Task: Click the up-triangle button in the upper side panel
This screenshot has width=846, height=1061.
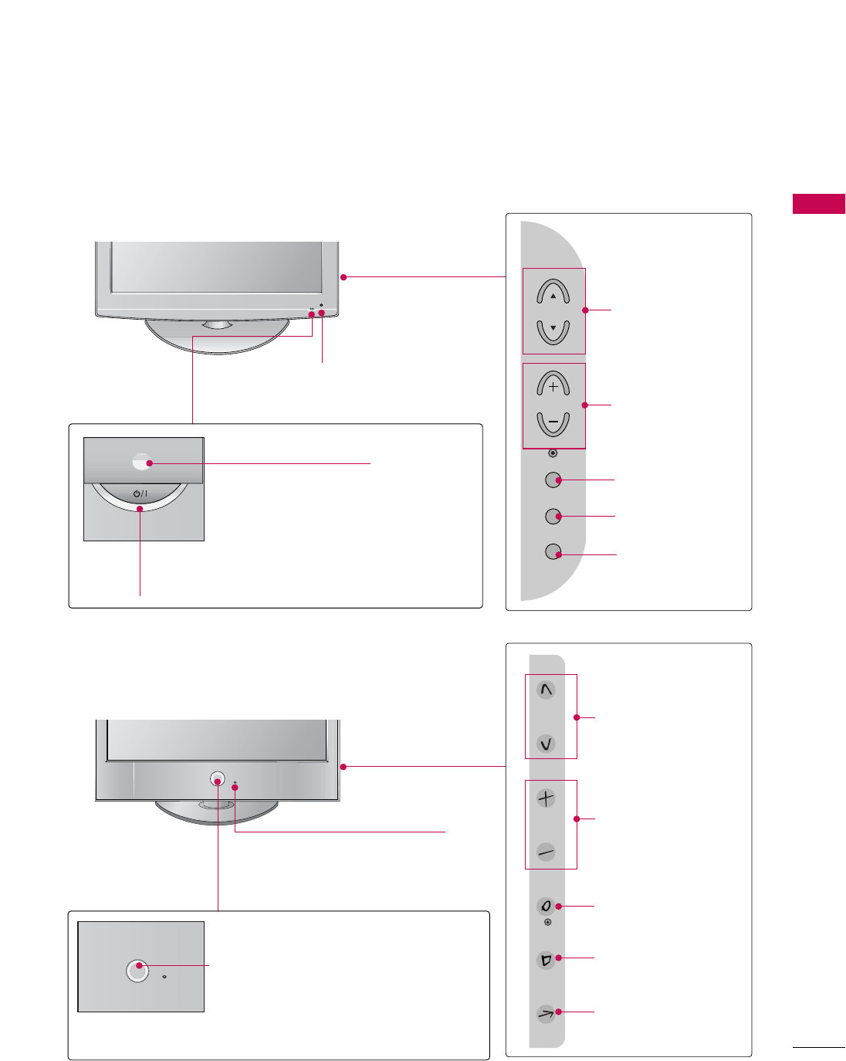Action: pos(553,293)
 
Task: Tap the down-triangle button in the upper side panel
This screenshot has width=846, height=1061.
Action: pos(553,331)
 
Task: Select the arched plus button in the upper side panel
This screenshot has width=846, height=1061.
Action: pos(553,385)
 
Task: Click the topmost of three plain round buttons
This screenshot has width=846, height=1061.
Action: pos(553,480)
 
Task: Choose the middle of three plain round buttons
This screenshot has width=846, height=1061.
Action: pos(553,515)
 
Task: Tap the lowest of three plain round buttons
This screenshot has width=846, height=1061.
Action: pos(553,551)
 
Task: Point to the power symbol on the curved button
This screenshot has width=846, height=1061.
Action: pos(140,493)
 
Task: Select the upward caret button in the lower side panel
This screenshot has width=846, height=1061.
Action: pos(547,690)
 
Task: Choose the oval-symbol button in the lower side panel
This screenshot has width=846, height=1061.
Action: pos(547,906)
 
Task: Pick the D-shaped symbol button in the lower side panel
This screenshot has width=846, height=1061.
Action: pos(547,960)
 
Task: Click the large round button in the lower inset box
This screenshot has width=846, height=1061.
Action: pos(137,970)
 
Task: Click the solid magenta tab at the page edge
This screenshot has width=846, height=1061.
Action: pos(818,204)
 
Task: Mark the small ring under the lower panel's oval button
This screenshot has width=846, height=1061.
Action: pos(548,922)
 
